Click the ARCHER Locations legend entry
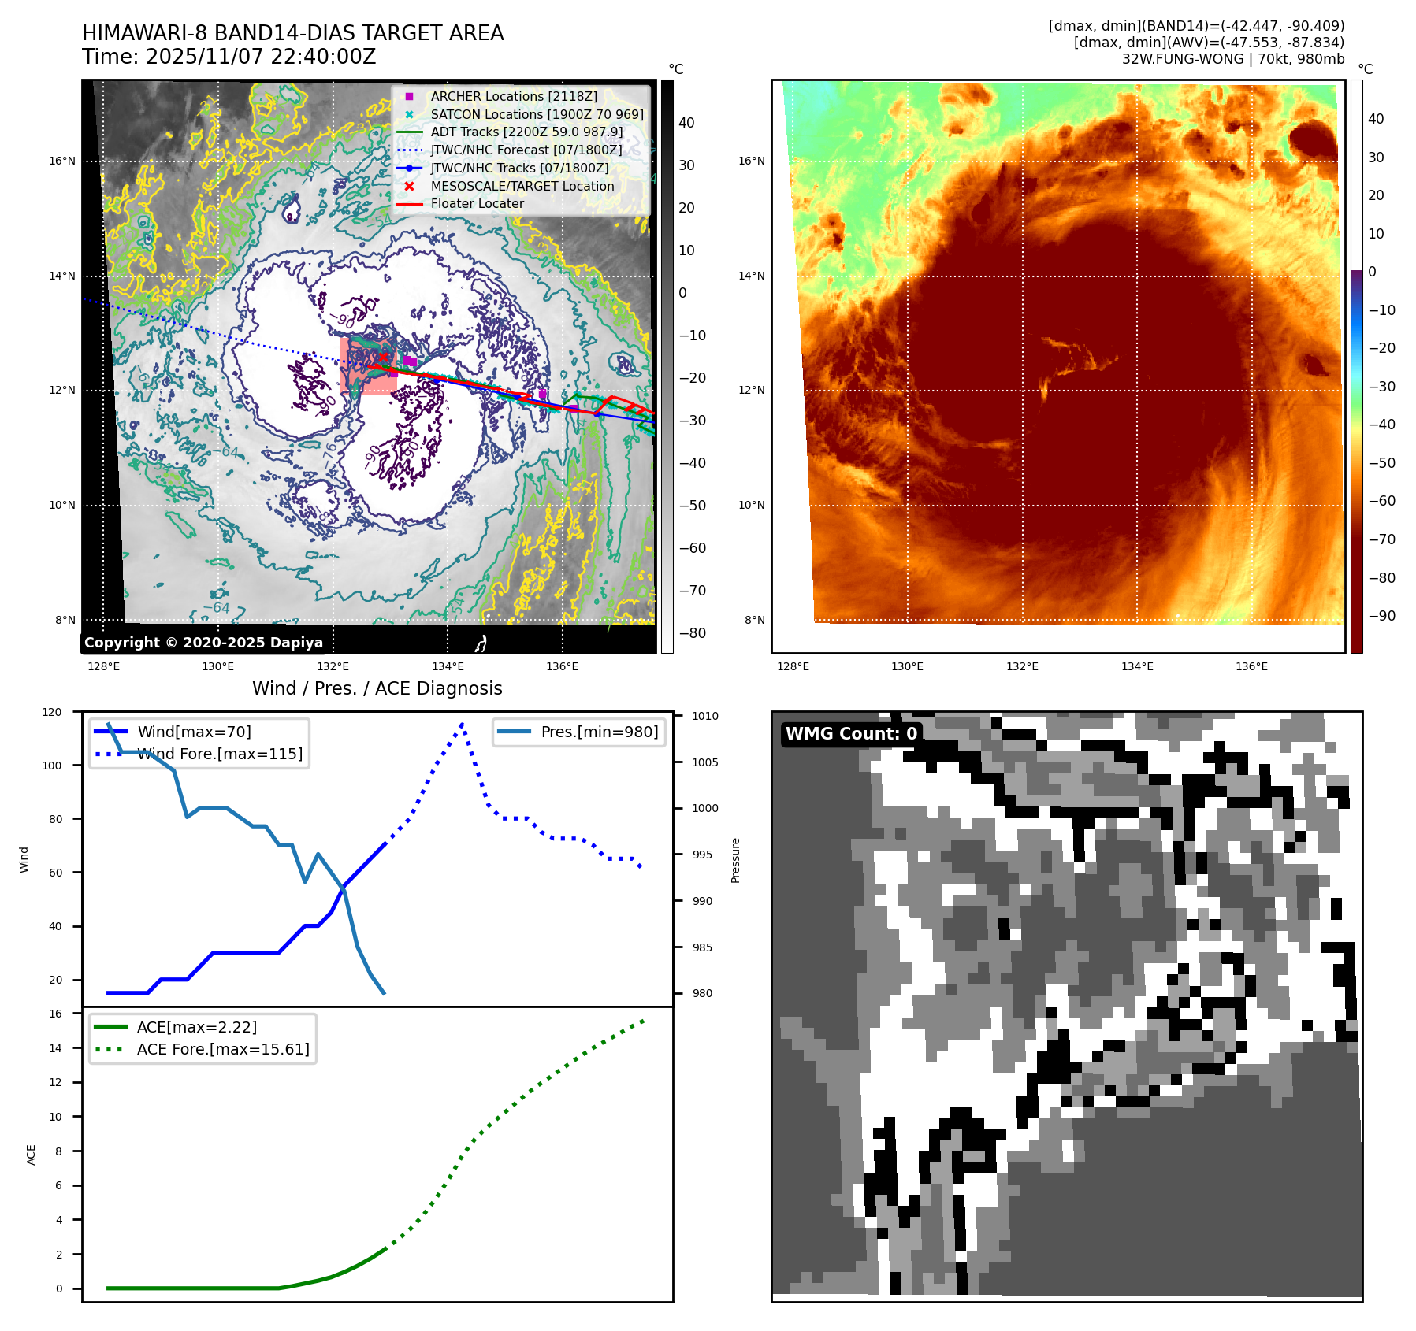pos(513,96)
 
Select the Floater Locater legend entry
pos(477,203)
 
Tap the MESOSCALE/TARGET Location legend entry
pos(522,186)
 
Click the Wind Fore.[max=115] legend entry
pos(219,754)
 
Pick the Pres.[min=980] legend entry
pos(599,732)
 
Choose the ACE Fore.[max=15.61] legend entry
pos(223,1049)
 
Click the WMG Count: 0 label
pos(851,733)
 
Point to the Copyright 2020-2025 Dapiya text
pos(203,642)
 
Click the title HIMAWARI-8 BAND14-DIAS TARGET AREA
pos(292,33)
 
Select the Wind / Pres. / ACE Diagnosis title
pos(377,688)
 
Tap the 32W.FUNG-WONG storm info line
pos(1232,59)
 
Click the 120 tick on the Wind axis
pos(52,712)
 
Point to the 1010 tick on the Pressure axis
pos(705,716)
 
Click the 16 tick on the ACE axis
pos(55,1014)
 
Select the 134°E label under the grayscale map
pos(448,666)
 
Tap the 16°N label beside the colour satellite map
pos(751,161)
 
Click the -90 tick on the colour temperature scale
pos(1381,616)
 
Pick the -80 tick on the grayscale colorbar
pos(693,632)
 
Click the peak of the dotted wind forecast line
pos(462,723)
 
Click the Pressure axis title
pos(735,860)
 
